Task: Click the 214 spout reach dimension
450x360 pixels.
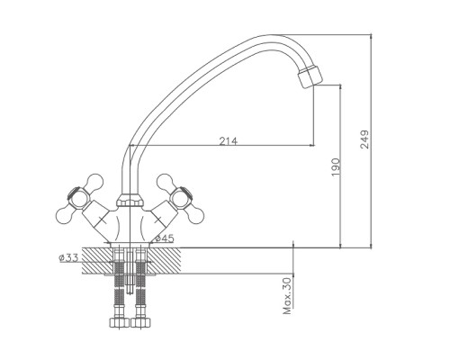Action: tap(228, 140)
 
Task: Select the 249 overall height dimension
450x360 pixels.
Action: tap(364, 139)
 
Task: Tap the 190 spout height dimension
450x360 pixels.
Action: tap(336, 167)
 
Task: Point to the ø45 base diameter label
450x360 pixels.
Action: tap(165, 238)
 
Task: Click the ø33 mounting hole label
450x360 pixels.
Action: tap(68, 257)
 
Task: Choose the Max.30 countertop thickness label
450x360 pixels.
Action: tap(287, 296)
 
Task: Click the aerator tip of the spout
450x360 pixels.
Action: tap(310, 76)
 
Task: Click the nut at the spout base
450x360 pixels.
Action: tap(130, 200)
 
